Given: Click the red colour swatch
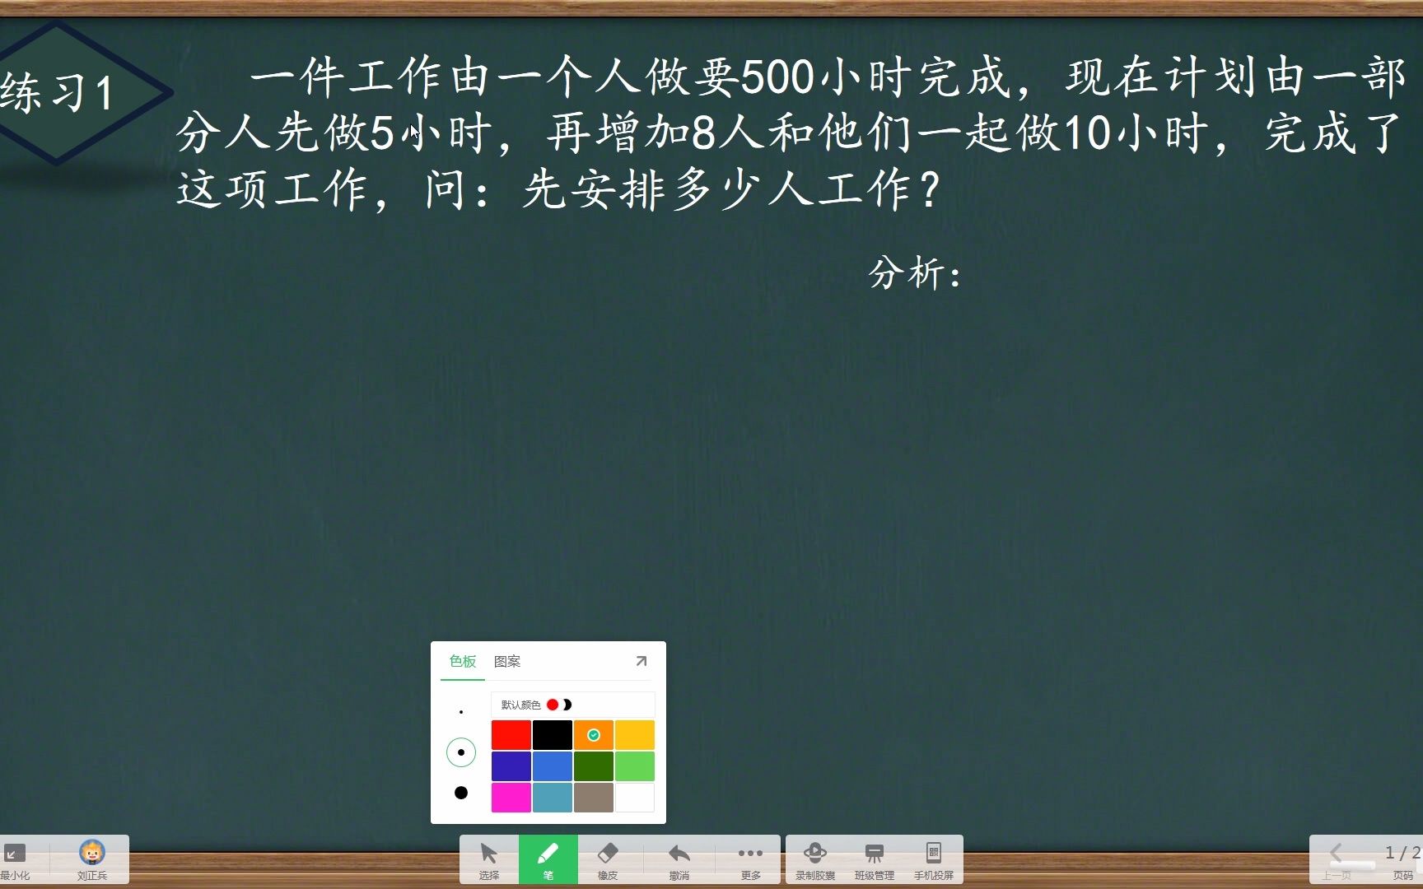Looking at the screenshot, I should pos(511,735).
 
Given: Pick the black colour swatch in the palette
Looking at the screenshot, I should pos(552,735).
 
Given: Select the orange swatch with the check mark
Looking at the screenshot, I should pos(593,735).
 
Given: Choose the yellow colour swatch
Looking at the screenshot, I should pos(634,735).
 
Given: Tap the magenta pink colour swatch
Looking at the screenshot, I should pos(511,798).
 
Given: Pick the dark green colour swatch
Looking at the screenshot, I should pos(593,766).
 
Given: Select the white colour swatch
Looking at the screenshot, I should pos(634,798).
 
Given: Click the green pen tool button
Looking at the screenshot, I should pos(548,859).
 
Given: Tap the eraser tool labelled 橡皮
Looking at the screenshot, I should pos(607,859).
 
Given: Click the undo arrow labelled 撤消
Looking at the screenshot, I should pos(679,859).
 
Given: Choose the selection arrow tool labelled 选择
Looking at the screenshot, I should pos(488,859).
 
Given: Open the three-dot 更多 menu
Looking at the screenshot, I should pos(750,859).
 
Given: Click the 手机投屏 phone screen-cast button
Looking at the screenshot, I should pos(933,859).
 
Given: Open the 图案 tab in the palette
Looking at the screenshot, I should pos(507,662).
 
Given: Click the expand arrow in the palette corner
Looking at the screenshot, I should pos(642,661).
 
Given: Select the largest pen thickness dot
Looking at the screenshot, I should pos(461,793).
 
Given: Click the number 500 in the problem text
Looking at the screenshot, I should pos(777,77).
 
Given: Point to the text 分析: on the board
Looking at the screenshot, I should pos(915,273).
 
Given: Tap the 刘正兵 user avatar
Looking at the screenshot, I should pos(92,857).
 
